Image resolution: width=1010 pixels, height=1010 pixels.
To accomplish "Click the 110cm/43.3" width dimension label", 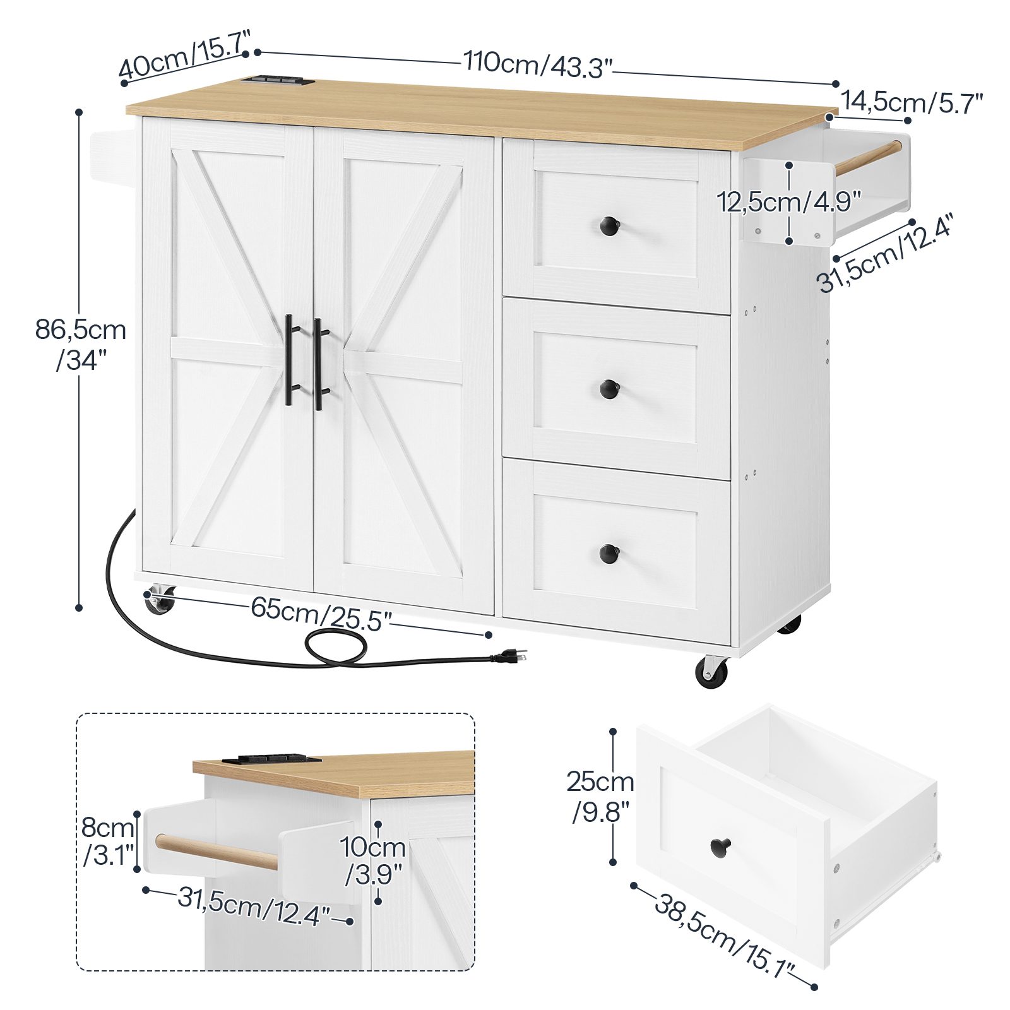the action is (538, 64).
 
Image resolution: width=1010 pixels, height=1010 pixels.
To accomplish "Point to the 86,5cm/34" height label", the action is (81, 345).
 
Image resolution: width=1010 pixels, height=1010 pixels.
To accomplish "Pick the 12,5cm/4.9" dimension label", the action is (788, 202).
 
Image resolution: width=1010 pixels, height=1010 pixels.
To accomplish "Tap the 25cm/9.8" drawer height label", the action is (600, 797).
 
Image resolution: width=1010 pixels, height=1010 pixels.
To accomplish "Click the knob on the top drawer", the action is (609, 224).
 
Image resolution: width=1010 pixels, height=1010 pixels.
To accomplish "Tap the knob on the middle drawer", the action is (609, 389).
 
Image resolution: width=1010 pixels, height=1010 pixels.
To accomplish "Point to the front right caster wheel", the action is (711, 671).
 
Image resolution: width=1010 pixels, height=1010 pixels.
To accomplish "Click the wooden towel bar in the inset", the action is (217, 852).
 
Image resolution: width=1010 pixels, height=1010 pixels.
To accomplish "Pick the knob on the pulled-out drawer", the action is (720, 846).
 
